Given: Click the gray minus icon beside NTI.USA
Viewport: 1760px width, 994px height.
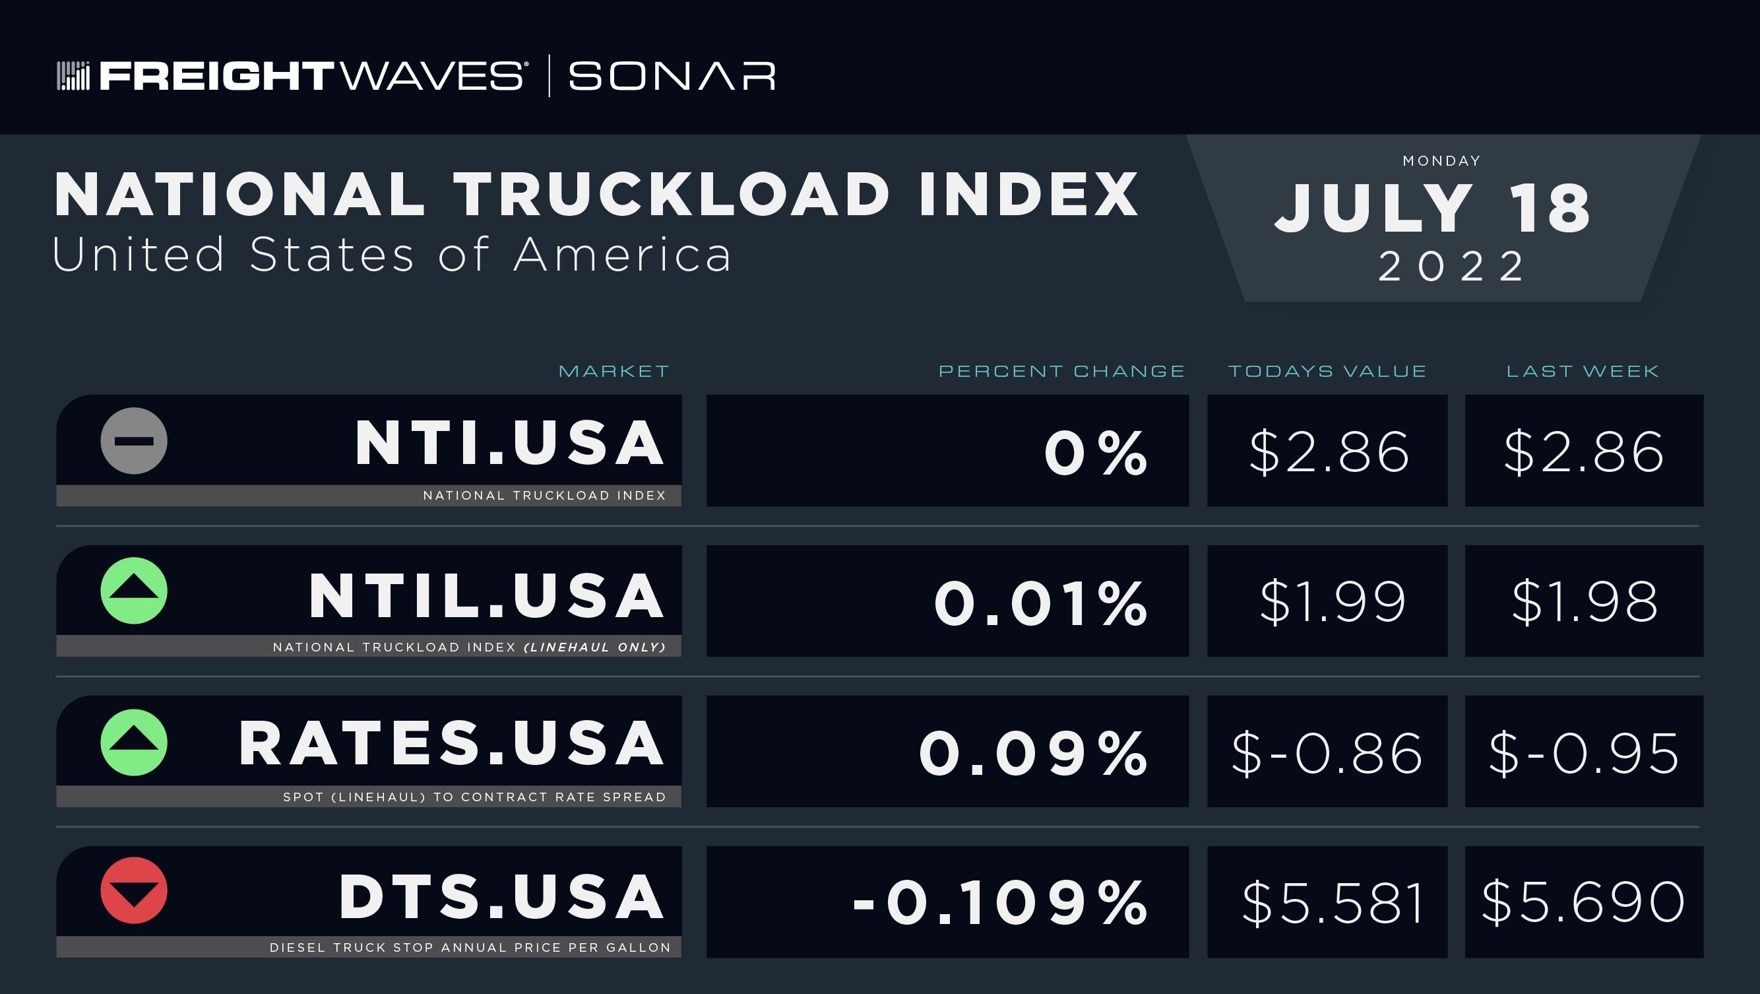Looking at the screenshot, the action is [134, 441].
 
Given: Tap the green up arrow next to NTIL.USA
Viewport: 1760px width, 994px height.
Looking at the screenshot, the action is [134, 591].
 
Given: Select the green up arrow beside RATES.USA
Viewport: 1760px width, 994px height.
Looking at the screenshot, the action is [134, 743].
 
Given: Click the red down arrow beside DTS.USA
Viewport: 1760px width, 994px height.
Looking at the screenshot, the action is [134, 890].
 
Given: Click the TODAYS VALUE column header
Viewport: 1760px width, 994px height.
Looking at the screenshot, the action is [1327, 371].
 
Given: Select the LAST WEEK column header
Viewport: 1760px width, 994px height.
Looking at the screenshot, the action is [1583, 371].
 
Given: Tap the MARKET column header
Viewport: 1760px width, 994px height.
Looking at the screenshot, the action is [614, 371].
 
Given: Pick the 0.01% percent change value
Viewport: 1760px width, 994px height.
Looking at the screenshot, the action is [1040, 603].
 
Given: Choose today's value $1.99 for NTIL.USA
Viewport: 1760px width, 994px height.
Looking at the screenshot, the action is [1333, 601].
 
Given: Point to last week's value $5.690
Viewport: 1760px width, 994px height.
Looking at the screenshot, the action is [1583, 902].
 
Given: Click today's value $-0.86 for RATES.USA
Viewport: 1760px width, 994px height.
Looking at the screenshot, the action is [1327, 753].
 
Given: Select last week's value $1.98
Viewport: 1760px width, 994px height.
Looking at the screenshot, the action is [1585, 601].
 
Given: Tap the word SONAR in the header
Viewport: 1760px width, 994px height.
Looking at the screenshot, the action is [672, 76].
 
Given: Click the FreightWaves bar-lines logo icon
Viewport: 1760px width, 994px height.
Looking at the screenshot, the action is [73, 76].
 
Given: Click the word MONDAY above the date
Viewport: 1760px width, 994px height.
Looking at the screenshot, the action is [1441, 160].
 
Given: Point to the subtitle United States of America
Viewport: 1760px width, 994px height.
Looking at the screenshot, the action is [392, 254].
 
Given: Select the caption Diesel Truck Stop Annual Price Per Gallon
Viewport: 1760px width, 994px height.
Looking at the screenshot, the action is [470, 948].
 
